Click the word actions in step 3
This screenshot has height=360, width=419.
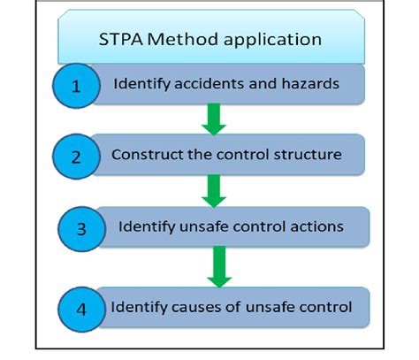318,226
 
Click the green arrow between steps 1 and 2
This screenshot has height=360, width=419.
213,119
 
